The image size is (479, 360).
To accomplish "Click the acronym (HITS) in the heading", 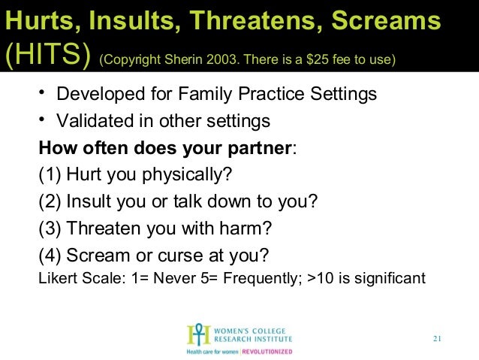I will click(x=47, y=56).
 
